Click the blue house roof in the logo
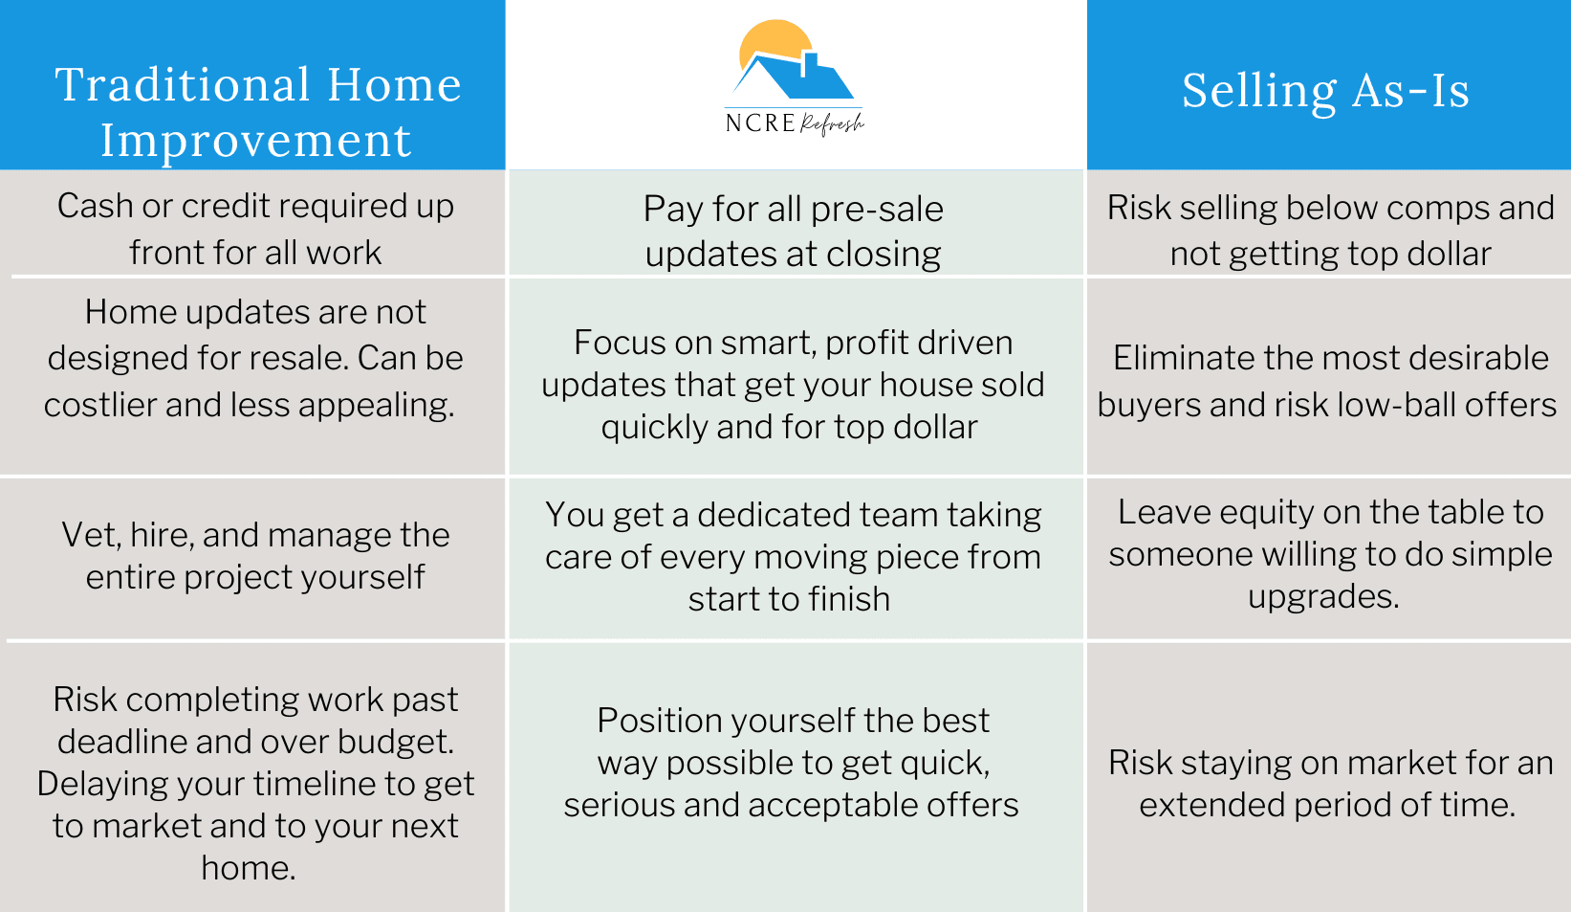794,76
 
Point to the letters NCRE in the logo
760,123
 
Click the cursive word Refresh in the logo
833,124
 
